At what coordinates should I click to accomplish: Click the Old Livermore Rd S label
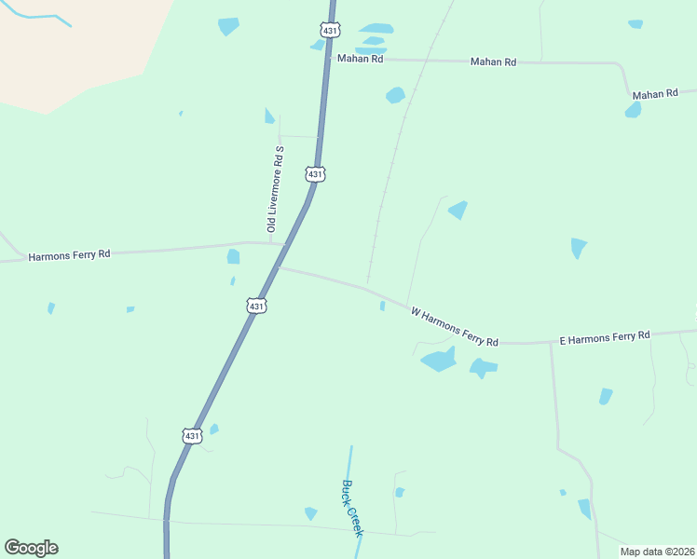coord(274,189)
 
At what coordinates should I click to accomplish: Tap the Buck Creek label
coord(350,508)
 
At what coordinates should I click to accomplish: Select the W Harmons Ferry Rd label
coord(455,329)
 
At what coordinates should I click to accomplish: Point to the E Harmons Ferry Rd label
coord(604,338)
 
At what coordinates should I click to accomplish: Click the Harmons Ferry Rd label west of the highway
coord(70,254)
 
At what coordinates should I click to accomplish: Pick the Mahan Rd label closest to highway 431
coord(361,59)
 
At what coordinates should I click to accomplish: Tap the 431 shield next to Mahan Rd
coord(329,31)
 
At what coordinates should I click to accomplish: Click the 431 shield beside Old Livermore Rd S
coord(315,174)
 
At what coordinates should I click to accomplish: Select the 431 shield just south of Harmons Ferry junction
coord(257,306)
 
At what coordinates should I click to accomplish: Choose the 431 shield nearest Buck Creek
coord(191,435)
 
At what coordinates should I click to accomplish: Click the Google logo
coord(31,548)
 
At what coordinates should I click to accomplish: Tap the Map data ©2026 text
coord(656,552)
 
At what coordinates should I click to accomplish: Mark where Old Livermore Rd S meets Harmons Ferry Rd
coord(271,242)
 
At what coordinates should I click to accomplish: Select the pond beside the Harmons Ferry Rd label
coord(233,256)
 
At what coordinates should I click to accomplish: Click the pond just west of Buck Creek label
coord(310,513)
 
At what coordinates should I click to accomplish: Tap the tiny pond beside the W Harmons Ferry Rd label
coord(382,306)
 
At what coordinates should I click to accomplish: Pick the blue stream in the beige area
coord(37,17)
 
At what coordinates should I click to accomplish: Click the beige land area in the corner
coord(75,56)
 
